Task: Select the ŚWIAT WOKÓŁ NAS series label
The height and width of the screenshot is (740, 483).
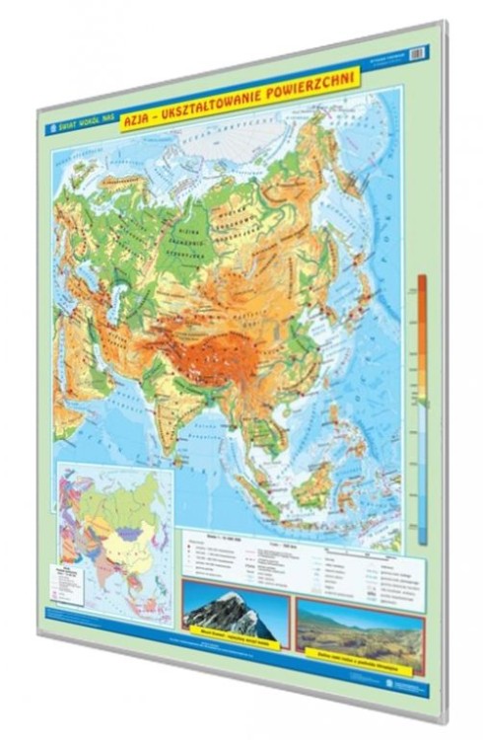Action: coord(81,126)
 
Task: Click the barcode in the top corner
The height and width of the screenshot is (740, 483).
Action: coord(416,52)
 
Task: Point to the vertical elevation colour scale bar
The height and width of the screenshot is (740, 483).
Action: coord(422,405)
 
